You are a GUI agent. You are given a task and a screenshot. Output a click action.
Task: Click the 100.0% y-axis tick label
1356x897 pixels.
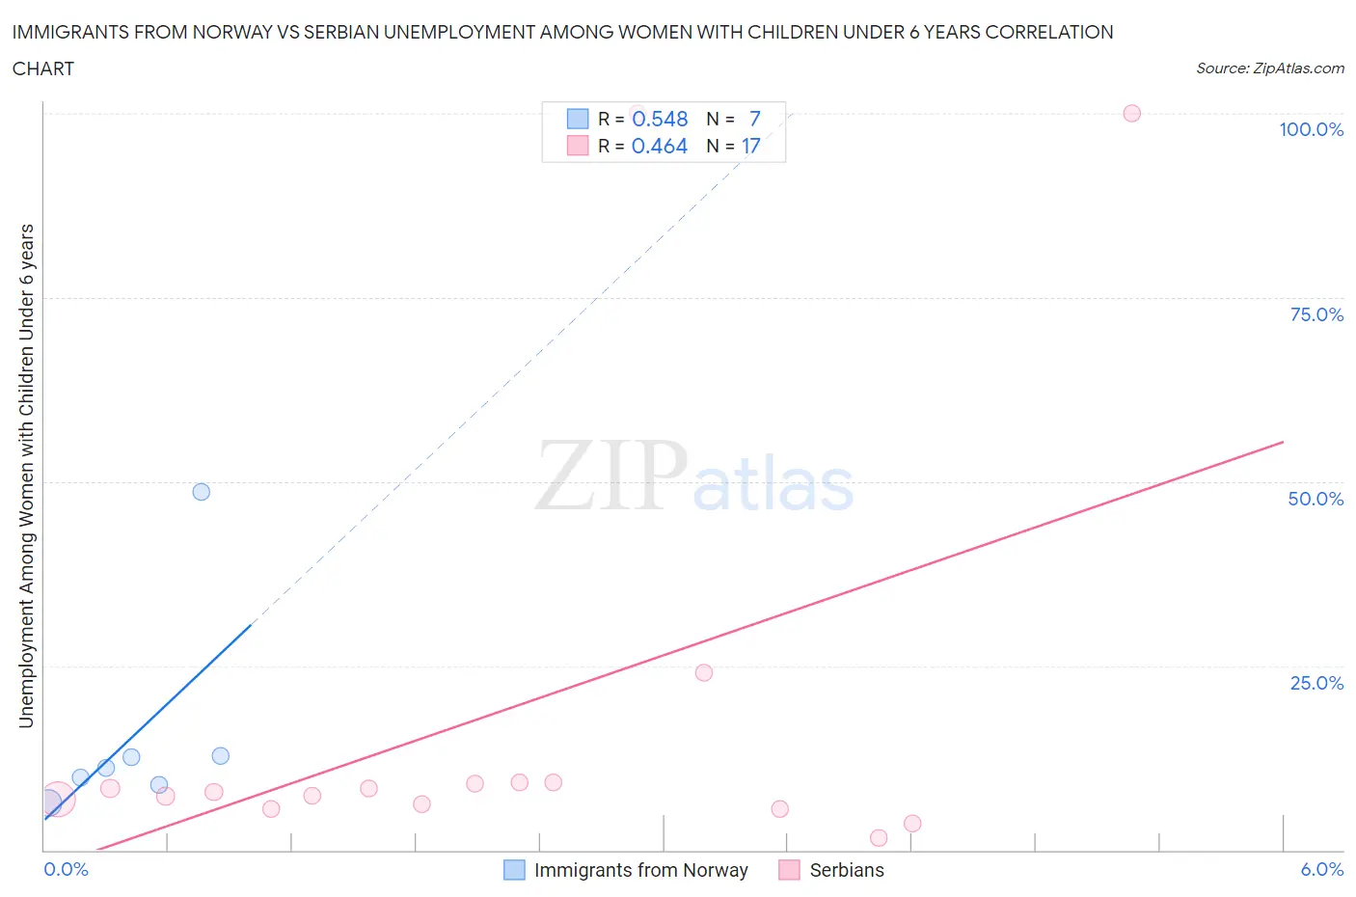pos(1311,129)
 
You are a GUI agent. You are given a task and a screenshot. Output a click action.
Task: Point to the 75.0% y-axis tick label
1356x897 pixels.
pos(1316,314)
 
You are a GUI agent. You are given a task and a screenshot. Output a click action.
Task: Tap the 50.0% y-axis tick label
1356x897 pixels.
pos(1315,499)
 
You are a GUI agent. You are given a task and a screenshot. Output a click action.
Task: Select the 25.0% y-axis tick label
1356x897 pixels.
pos(1316,683)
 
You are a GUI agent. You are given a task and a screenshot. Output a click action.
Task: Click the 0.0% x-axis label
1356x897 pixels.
pos(66,869)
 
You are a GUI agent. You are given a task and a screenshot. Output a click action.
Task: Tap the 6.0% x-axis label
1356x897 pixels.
pos(1321,869)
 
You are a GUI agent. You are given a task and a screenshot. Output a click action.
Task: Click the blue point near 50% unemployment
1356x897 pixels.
pos(201,492)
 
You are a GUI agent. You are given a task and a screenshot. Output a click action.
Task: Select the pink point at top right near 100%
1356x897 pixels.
pos(1131,113)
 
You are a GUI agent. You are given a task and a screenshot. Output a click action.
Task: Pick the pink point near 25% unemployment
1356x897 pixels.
pos(703,672)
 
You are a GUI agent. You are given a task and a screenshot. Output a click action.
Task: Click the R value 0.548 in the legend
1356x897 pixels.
pos(660,119)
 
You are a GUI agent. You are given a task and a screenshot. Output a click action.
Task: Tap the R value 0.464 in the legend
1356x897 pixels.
pos(660,146)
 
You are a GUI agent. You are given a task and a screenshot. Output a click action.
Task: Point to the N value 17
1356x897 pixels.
pos(750,146)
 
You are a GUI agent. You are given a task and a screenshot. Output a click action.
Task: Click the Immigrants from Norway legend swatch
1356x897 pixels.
pos(515,870)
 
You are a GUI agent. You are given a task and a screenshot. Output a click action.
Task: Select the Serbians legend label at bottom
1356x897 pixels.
pos(846,870)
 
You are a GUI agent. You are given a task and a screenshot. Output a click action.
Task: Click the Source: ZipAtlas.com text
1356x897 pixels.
pos(1269,68)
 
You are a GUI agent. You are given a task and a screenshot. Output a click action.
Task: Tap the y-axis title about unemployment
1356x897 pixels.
pos(26,476)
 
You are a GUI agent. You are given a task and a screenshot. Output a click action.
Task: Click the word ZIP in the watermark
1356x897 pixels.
pos(610,475)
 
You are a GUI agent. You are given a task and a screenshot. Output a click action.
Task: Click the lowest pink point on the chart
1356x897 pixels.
pos(878,837)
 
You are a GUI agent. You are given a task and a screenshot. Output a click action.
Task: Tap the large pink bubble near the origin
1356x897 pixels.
pos(57,800)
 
